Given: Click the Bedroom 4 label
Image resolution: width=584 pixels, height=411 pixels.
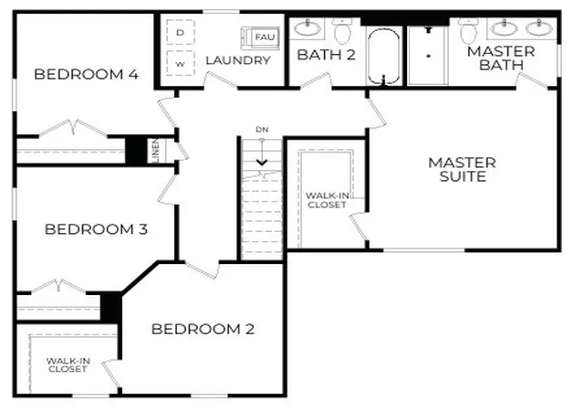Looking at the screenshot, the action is pyautogui.click(x=86, y=74).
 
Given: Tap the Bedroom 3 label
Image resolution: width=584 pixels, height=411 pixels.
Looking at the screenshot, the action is pyautogui.click(x=96, y=229).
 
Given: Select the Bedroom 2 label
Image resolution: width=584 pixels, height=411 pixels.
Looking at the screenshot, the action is pyautogui.click(x=203, y=329).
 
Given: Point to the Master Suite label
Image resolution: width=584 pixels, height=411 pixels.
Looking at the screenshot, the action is pyautogui.click(x=463, y=169).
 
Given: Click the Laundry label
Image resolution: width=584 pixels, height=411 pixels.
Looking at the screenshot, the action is pyautogui.click(x=238, y=60).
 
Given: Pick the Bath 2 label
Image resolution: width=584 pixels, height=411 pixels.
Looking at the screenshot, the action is pyautogui.click(x=327, y=55).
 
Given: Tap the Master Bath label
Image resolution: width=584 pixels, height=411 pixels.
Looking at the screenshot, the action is pyautogui.click(x=501, y=58).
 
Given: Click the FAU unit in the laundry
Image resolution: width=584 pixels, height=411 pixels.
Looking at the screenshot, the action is pyautogui.click(x=260, y=37).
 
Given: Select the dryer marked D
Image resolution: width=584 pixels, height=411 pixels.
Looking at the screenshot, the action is pyautogui.click(x=181, y=33).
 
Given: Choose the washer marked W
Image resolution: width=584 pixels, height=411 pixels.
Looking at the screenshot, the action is pyautogui.click(x=181, y=63).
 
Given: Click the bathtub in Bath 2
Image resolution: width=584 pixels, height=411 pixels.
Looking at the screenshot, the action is pyautogui.click(x=384, y=57).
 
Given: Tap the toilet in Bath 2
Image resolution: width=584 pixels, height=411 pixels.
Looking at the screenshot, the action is pyautogui.click(x=342, y=30).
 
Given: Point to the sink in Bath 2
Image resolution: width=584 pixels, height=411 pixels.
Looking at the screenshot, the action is pyautogui.click(x=308, y=27).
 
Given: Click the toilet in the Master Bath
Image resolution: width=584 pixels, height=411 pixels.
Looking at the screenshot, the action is pyautogui.click(x=468, y=30).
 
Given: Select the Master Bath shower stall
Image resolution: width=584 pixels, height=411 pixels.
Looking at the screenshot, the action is pyautogui.click(x=428, y=56).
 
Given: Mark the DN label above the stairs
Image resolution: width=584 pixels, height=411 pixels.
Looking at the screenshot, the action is pyautogui.click(x=262, y=130).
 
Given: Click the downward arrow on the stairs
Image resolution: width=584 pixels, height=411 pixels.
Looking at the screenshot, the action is pyautogui.click(x=262, y=153).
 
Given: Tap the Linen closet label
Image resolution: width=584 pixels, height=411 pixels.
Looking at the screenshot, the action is pyautogui.click(x=156, y=151).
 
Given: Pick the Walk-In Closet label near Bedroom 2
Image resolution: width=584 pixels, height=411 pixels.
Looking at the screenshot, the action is pyautogui.click(x=68, y=364).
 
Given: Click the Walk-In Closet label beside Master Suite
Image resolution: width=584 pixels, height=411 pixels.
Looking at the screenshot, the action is pyautogui.click(x=328, y=200).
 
